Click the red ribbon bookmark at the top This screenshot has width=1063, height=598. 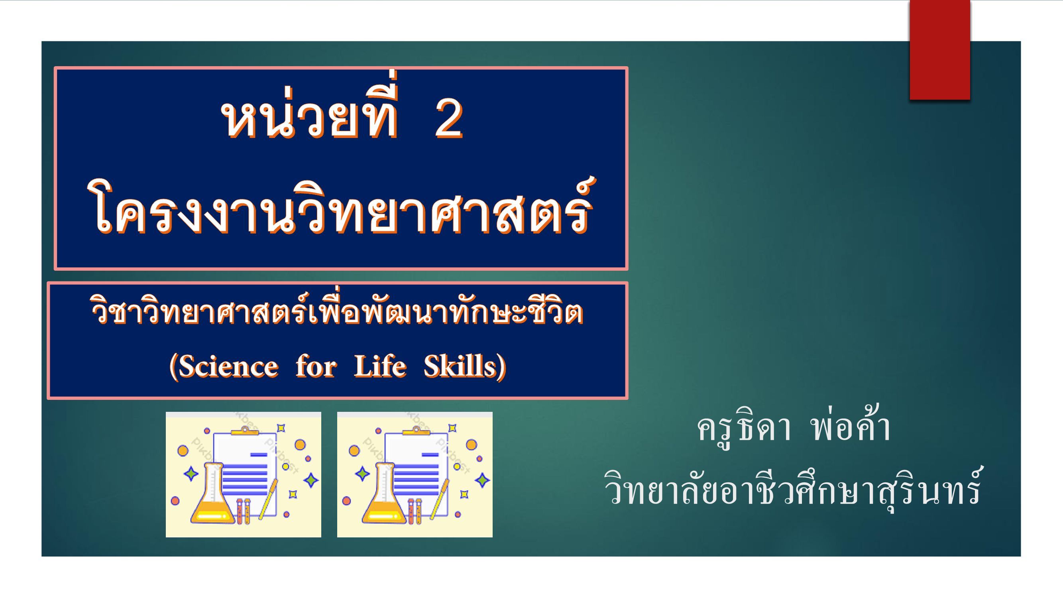[x=939, y=49]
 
